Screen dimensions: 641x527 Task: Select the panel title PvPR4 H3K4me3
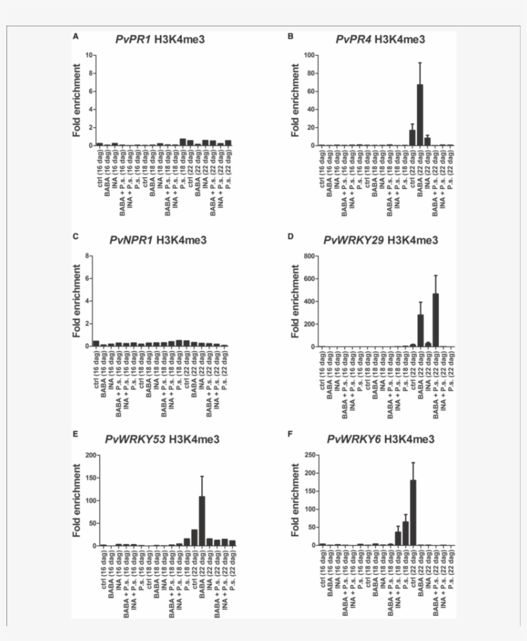[x=380, y=40]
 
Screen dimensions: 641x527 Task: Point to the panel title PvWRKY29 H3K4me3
[x=381, y=241]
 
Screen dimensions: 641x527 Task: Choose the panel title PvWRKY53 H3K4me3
[x=162, y=440]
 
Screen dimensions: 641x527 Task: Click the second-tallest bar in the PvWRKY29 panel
[x=420, y=330]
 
